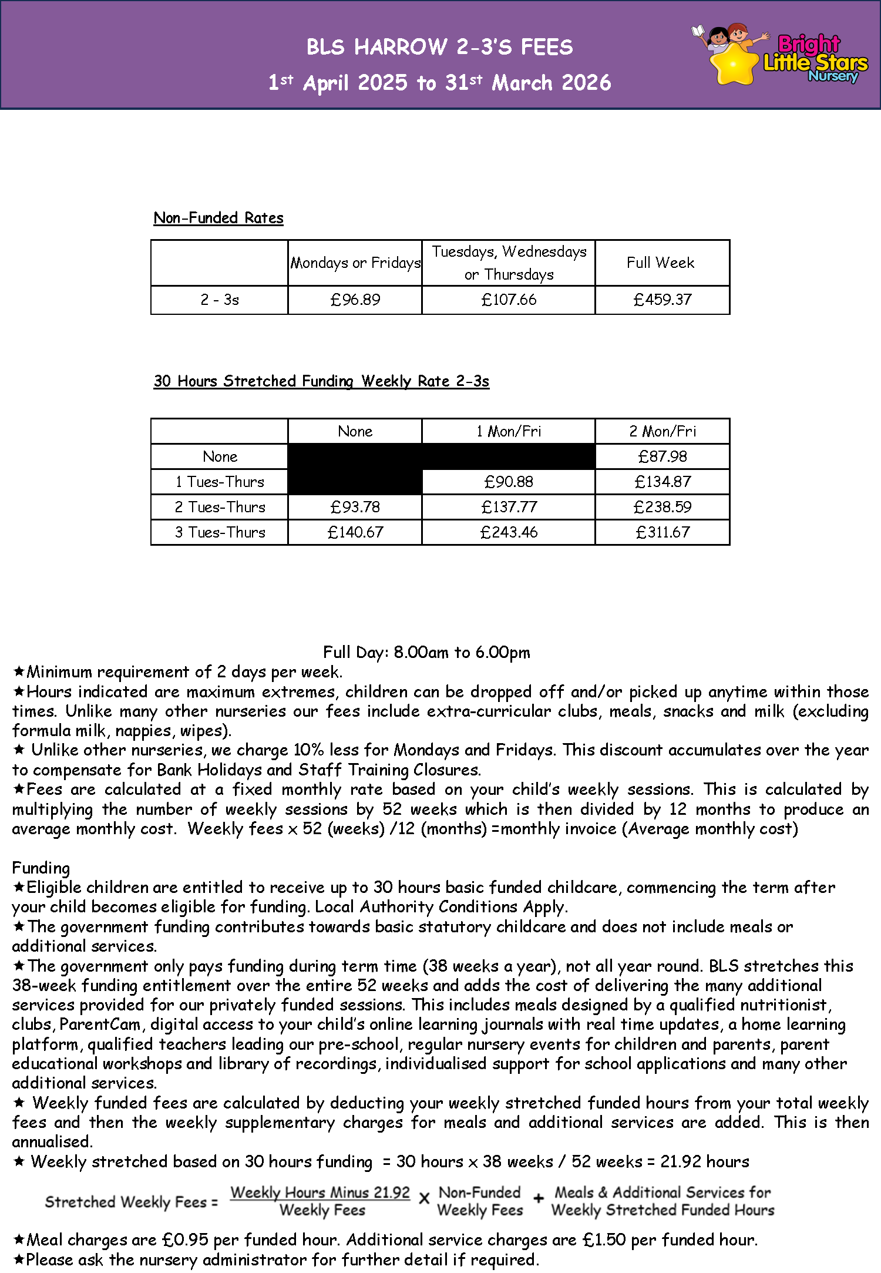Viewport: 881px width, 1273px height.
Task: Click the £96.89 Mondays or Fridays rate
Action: point(355,300)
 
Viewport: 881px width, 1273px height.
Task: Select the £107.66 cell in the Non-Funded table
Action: point(509,300)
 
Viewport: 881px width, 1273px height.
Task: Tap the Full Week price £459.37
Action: point(663,300)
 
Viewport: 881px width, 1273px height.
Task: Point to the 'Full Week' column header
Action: point(661,263)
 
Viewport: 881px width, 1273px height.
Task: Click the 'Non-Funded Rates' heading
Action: point(218,218)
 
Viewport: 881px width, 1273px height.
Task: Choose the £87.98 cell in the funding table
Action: point(663,456)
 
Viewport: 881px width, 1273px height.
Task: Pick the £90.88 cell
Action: point(509,482)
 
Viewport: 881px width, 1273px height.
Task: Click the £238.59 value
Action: point(663,507)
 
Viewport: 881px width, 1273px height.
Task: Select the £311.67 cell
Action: point(663,532)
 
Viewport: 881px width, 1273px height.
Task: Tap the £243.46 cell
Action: point(509,532)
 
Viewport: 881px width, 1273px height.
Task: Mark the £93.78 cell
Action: point(355,507)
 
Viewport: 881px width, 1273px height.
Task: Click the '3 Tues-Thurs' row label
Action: point(220,532)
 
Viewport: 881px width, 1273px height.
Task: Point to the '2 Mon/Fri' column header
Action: point(663,431)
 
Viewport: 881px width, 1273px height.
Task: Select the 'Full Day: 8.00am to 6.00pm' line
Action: point(426,652)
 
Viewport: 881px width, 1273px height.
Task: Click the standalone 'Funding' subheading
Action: point(41,868)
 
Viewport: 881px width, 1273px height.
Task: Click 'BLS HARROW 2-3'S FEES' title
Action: point(440,47)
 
